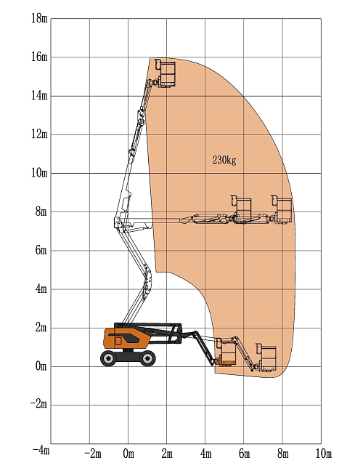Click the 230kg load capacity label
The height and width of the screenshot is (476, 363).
click(x=224, y=160)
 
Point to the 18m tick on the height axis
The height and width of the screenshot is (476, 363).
click(x=39, y=18)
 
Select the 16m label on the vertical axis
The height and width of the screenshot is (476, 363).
click(x=39, y=57)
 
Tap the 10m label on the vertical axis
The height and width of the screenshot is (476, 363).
click(x=39, y=173)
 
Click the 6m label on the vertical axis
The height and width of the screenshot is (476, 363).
click(x=41, y=250)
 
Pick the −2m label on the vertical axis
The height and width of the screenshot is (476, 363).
click(x=38, y=404)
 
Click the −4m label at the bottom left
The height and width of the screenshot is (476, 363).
click(x=41, y=450)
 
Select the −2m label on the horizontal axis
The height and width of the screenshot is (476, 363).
click(x=92, y=454)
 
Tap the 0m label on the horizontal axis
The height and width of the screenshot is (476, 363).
click(x=129, y=454)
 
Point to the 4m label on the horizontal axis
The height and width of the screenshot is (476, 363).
click(x=206, y=454)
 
